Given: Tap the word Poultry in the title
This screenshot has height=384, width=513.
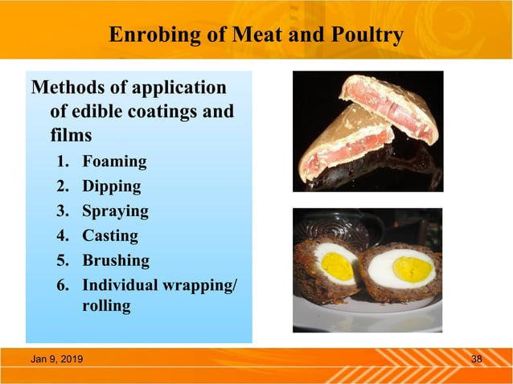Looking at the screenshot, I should (363, 36).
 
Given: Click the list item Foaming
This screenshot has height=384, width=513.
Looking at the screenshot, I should (114, 161).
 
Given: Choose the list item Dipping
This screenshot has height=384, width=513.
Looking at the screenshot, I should (111, 186).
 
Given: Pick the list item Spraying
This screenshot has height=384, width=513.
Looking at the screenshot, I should (115, 211).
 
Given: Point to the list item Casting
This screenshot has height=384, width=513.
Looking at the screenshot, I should (110, 236).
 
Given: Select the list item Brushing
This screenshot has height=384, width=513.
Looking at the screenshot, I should (116, 261).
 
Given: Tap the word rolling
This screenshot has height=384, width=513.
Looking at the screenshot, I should (106, 306).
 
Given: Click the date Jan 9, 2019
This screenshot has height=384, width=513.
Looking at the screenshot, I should (61, 358).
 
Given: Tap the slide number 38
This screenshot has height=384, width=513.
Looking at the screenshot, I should (476, 358).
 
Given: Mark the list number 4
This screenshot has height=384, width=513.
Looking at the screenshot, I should (61, 236).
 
